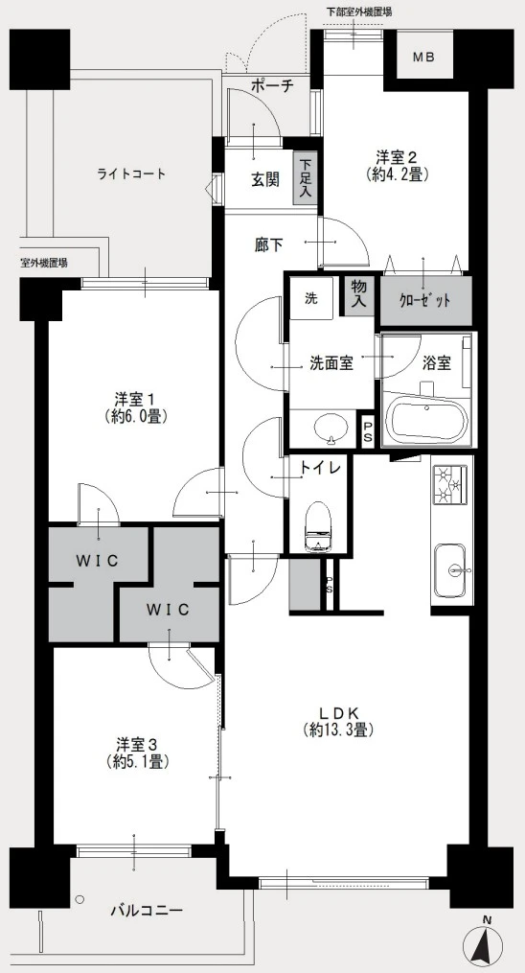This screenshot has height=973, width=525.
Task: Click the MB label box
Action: click(423, 57)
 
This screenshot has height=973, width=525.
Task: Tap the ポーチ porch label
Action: click(271, 85)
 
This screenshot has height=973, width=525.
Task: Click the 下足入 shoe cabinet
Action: click(305, 178)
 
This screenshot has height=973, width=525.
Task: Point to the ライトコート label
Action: click(131, 174)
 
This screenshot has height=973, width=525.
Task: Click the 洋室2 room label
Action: click(397, 166)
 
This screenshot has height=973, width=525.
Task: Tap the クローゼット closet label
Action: click(425, 299)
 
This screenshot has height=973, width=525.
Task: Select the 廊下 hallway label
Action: click(268, 245)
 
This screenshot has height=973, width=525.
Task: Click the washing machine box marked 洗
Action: click(311, 297)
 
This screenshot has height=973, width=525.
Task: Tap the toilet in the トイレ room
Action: click(315, 527)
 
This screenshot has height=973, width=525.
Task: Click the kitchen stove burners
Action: click(451, 488)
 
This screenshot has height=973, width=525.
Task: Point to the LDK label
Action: click(339, 721)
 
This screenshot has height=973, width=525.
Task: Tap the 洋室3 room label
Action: click(133, 753)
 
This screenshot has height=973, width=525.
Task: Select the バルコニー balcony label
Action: click(147, 910)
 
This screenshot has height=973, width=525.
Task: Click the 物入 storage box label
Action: click(359, 294)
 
